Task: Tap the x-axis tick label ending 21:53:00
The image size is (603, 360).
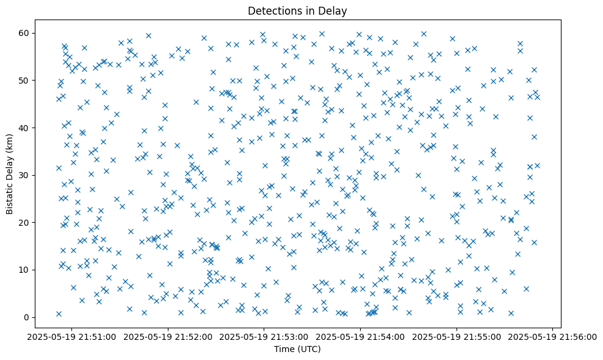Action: point(264,336)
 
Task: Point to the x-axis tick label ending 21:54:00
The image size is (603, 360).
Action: point(361,336)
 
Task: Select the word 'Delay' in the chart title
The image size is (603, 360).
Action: point(332,11)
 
